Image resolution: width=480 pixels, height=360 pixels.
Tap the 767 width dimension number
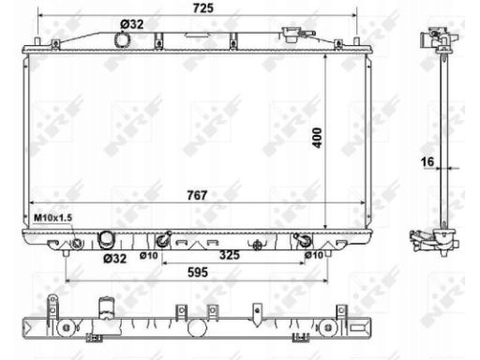click(195, 195)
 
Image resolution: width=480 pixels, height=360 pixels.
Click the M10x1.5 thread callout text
click(53, 217)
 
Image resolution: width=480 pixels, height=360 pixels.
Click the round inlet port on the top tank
click(121, 40)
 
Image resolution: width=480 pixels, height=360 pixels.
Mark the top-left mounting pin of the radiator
click(37, 42)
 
